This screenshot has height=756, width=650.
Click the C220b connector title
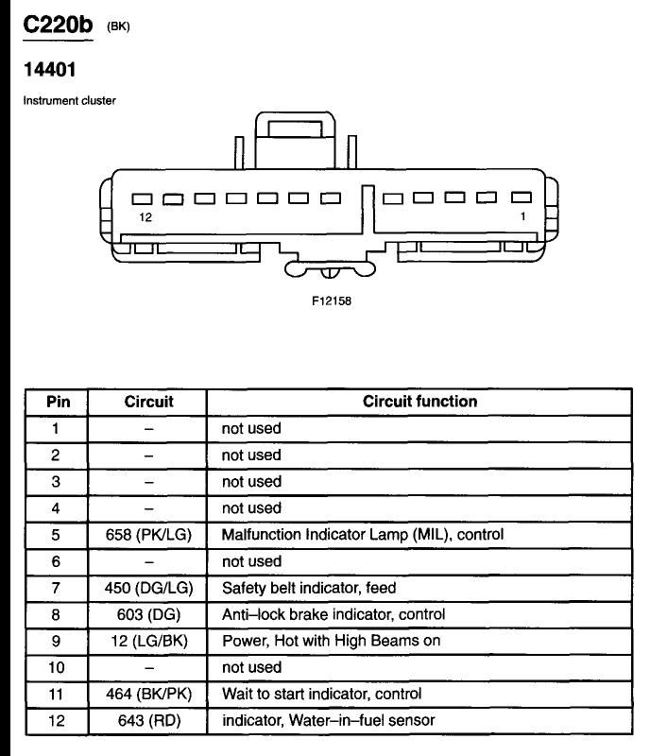pos(58,25)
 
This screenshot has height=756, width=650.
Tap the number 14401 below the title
pos(50,69)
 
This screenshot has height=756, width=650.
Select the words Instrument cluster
pos(69,101)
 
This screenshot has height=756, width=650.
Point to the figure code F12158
pos(332,301)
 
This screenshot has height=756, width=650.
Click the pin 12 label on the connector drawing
pos(145,217)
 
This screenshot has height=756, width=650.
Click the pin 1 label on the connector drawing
pos(522,216)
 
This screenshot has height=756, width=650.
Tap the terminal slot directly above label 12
pos(143,198)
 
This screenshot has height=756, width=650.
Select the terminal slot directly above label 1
pos(522,197)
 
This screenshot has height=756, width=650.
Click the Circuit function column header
pos(420,401)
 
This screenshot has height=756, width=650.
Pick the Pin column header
pos(58,402)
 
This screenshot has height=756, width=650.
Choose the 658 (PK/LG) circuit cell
pos(148,535)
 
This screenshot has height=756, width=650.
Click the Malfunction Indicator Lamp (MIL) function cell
pos(363,535)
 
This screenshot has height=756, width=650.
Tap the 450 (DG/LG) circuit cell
pos(148,588)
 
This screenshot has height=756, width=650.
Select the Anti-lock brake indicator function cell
pos(334,614)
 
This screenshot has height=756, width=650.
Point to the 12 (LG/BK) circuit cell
pos(148,641)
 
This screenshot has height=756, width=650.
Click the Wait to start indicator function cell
pos(321,694)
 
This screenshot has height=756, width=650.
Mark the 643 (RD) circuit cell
pos(149,720)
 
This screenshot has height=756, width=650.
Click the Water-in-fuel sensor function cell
pos(329,720)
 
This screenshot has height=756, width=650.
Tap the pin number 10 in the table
pos(56,667)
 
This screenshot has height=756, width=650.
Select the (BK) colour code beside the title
pos(118,26)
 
